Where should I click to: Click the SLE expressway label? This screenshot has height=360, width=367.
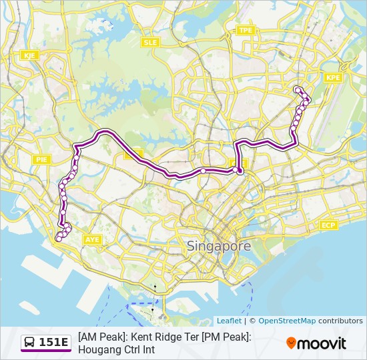tap(149, 42)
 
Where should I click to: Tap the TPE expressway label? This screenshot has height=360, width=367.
tap(246, 31)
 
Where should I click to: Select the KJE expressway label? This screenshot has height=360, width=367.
tap(29, 55)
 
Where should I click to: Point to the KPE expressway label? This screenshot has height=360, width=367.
tap(333, 78)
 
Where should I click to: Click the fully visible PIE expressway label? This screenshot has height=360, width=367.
tap(42, 159)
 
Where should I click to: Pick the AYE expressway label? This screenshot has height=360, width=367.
tap(91, 239)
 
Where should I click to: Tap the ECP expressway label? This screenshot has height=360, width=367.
tap(328, 225)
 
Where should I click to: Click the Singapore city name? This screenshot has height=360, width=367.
tap(219, 246)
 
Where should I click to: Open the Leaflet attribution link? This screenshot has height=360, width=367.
tap(229, 321)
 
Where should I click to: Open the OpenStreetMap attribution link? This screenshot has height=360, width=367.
tap(287, 321)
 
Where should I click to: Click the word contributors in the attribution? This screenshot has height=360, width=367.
tap(340, 321)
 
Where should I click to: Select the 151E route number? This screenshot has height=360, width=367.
tap(54, 343)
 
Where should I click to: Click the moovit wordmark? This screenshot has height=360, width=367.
tap(322, 343)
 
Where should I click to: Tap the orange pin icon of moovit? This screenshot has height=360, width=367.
tap(291, 343)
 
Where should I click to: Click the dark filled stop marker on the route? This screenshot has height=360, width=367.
tap(240, 171)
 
